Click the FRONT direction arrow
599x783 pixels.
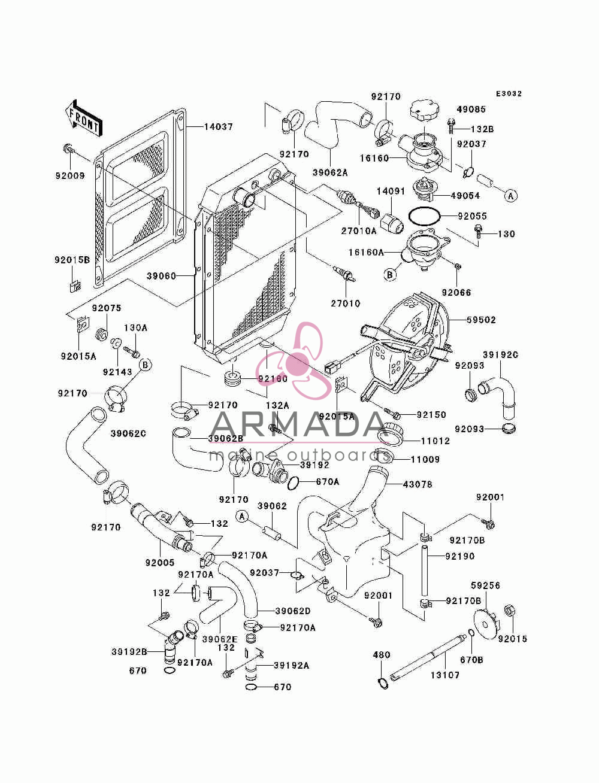pos(83,118)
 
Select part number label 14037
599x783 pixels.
pos(219,127)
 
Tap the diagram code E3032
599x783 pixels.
pos(509,94)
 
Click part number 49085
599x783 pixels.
pos(471,109)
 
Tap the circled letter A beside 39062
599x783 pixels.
pos(243,516)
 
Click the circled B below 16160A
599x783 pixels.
pos(390,275)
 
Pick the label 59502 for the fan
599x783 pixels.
pos(481,320)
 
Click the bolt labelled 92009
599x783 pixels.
pos(68,148)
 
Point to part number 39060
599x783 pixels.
pos(161,276)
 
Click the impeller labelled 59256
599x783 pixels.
pos(485,624)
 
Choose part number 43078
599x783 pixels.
pos(418,484)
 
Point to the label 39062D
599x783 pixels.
pos(293,611)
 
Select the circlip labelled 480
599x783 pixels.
pos(383,684)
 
